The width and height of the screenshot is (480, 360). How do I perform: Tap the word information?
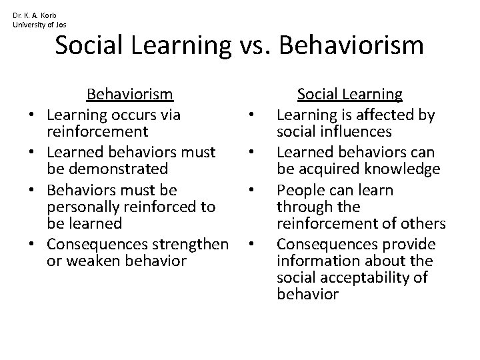pos(319,261)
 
